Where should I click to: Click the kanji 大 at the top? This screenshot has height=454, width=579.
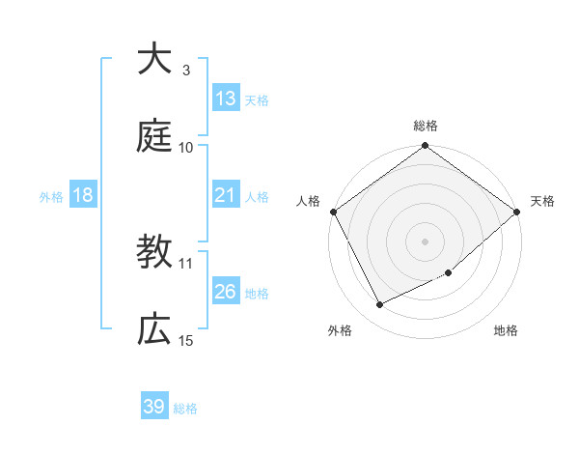(154, 59)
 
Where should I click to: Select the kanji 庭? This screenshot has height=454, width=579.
(154, 135)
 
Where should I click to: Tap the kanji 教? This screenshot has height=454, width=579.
(154, 253)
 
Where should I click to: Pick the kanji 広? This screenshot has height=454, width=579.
(154, 329)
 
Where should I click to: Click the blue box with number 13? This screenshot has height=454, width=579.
(226, 99)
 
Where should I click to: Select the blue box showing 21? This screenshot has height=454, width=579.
(226, 195)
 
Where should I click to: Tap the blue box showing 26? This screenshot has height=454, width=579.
(226, 292)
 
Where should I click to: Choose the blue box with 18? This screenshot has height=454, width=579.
(83, 195)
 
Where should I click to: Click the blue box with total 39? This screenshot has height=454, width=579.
(154, 407)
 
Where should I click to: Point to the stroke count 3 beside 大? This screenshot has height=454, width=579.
(185, 71)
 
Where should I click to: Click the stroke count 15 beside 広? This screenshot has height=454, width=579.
(185, 340)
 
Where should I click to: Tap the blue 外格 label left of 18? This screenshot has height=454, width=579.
(51, 196)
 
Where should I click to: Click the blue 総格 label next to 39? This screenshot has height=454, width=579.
(185, 408)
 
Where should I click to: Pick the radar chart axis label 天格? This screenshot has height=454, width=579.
(542, 201)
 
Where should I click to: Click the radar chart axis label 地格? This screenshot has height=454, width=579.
(506, 330)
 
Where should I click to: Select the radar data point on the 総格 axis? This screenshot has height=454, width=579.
(425, 147)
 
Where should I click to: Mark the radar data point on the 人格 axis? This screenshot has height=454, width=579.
(334, 212)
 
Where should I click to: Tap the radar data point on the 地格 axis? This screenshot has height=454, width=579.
(449, 272)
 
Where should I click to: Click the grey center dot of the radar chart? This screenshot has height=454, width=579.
(425, 241)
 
